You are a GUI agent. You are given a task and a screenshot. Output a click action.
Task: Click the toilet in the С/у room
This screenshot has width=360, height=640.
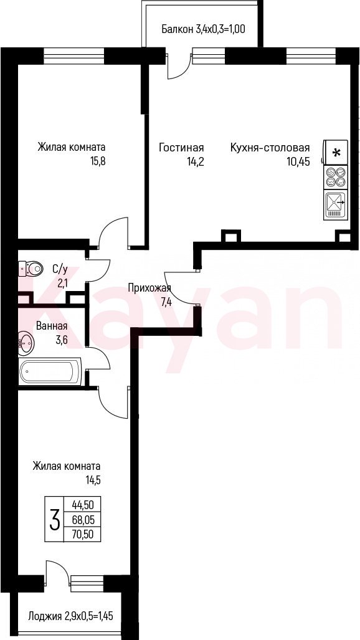coord(31,269)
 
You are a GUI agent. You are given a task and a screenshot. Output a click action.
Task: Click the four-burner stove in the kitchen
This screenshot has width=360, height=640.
coord(336,177)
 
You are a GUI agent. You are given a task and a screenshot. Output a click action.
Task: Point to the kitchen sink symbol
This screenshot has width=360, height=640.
coord(336,205)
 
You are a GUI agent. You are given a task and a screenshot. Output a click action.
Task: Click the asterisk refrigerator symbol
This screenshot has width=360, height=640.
coord(336,153)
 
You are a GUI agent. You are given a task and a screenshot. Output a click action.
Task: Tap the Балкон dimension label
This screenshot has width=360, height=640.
coord(203,29)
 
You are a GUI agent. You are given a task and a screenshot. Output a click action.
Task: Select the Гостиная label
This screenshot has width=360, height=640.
coord(181,147)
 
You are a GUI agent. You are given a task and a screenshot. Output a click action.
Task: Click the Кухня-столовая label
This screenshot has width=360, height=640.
coord(270,147)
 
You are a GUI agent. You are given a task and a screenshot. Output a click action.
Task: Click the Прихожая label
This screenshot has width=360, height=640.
coord(149,288)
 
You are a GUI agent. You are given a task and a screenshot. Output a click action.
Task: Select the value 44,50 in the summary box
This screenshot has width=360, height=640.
coord(83,505)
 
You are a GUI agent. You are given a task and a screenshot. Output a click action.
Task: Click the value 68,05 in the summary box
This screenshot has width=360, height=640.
coord(83,519)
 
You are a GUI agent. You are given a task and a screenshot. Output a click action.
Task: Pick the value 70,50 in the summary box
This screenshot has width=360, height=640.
coord(83,533)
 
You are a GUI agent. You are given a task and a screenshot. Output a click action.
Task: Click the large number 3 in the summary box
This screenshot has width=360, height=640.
coord(54,519)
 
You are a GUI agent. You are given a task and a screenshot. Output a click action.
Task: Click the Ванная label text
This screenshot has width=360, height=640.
coord(52,326)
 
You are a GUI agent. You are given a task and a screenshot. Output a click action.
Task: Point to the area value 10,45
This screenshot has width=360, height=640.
coord(298,161)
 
